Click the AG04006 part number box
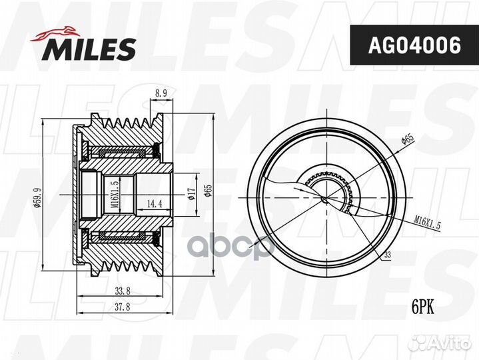414,45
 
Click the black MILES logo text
89,49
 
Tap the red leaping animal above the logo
55,33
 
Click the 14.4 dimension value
155,204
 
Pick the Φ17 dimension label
191,194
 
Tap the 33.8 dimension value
123,291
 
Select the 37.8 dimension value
123,307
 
